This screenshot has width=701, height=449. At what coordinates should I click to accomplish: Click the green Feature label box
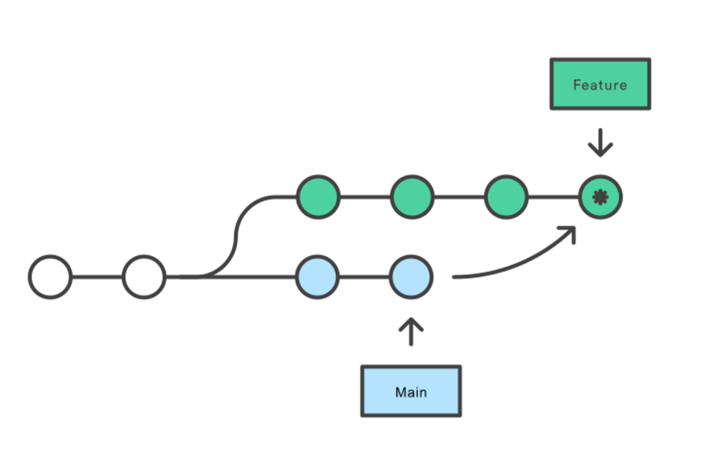600,84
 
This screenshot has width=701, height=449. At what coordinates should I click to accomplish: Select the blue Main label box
411,391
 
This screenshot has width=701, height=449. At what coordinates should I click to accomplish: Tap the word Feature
600,85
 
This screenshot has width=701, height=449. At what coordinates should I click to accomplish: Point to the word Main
411,392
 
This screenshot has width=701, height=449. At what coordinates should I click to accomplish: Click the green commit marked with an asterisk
600,197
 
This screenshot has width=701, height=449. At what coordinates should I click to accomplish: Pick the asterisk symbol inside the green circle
600,197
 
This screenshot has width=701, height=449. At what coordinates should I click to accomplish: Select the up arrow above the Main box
411,331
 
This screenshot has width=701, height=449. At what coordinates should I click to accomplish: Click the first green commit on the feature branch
318,197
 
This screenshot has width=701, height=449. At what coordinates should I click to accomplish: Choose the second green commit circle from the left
412,197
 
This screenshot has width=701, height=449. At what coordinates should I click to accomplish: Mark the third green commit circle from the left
506,197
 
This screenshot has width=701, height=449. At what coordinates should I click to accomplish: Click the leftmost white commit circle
50,277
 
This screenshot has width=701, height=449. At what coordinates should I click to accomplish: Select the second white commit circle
144,277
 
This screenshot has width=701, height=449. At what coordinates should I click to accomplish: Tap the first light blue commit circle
318,277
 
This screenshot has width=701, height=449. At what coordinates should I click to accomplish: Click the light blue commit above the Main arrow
411,277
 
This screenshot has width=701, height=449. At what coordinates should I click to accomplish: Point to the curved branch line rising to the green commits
235,237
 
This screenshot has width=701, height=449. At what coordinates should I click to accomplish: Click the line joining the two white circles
97,277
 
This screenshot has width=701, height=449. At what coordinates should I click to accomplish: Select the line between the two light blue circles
364,277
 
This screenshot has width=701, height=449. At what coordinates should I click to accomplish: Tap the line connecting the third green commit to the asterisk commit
553,197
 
